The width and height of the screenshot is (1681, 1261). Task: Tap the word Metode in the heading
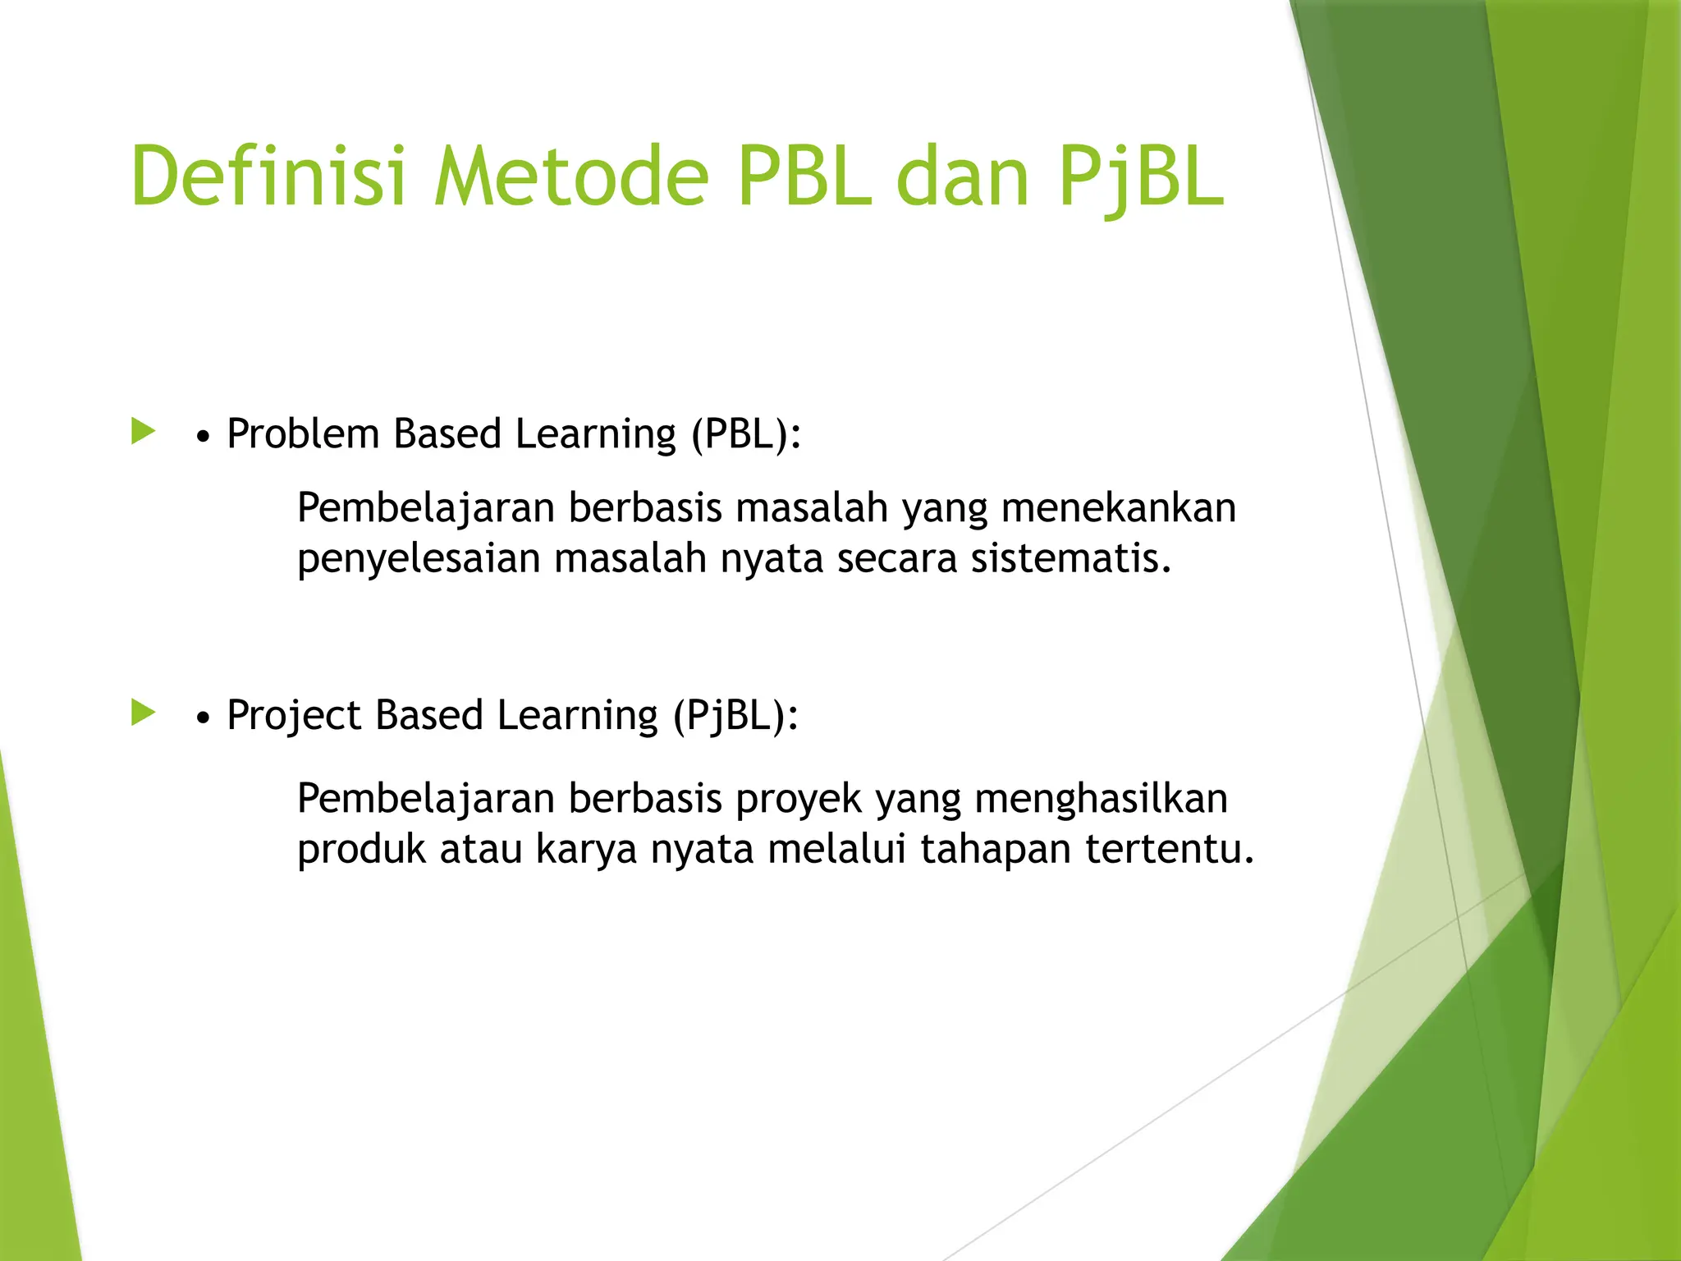point(571,177)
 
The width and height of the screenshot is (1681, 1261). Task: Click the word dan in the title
point(963,177)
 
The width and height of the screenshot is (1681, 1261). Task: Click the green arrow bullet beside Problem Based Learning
point(143,431)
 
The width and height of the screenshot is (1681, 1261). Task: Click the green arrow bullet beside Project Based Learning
point(143,713)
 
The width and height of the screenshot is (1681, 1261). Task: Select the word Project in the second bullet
point(294,715)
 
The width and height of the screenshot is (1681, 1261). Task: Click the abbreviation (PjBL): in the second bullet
point(735,715)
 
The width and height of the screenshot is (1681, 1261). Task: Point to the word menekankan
point(1118,507)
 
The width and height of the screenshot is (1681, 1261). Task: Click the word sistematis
point(1070,558)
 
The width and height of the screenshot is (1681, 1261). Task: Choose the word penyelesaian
point(419,560)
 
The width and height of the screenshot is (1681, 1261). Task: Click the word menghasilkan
point(1100,799)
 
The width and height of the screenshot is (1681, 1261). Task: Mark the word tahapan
point(996,850)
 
